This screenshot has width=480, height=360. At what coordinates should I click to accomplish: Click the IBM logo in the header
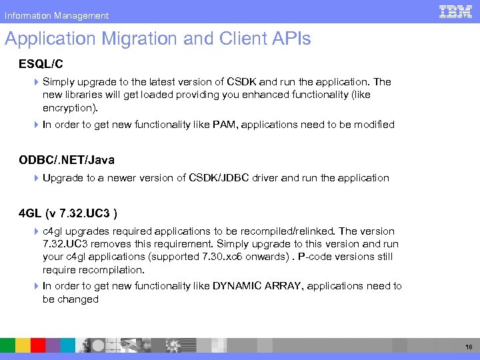(x=455, y=11)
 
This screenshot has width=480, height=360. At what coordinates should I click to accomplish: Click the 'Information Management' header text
(x=57, y=15)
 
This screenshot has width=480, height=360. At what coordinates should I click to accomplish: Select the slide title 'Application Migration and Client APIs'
(x=158, y=39)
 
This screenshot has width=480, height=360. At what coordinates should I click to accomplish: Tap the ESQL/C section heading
(x=41, y=64)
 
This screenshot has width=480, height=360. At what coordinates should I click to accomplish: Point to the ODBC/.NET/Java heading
(x=67, y=160)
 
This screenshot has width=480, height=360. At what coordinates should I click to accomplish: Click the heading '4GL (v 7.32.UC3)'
(x=69, y=213)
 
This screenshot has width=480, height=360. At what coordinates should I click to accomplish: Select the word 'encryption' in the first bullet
(x=68, y=107)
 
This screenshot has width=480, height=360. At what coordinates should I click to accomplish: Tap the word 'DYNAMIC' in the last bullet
(x=238, y=286)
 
